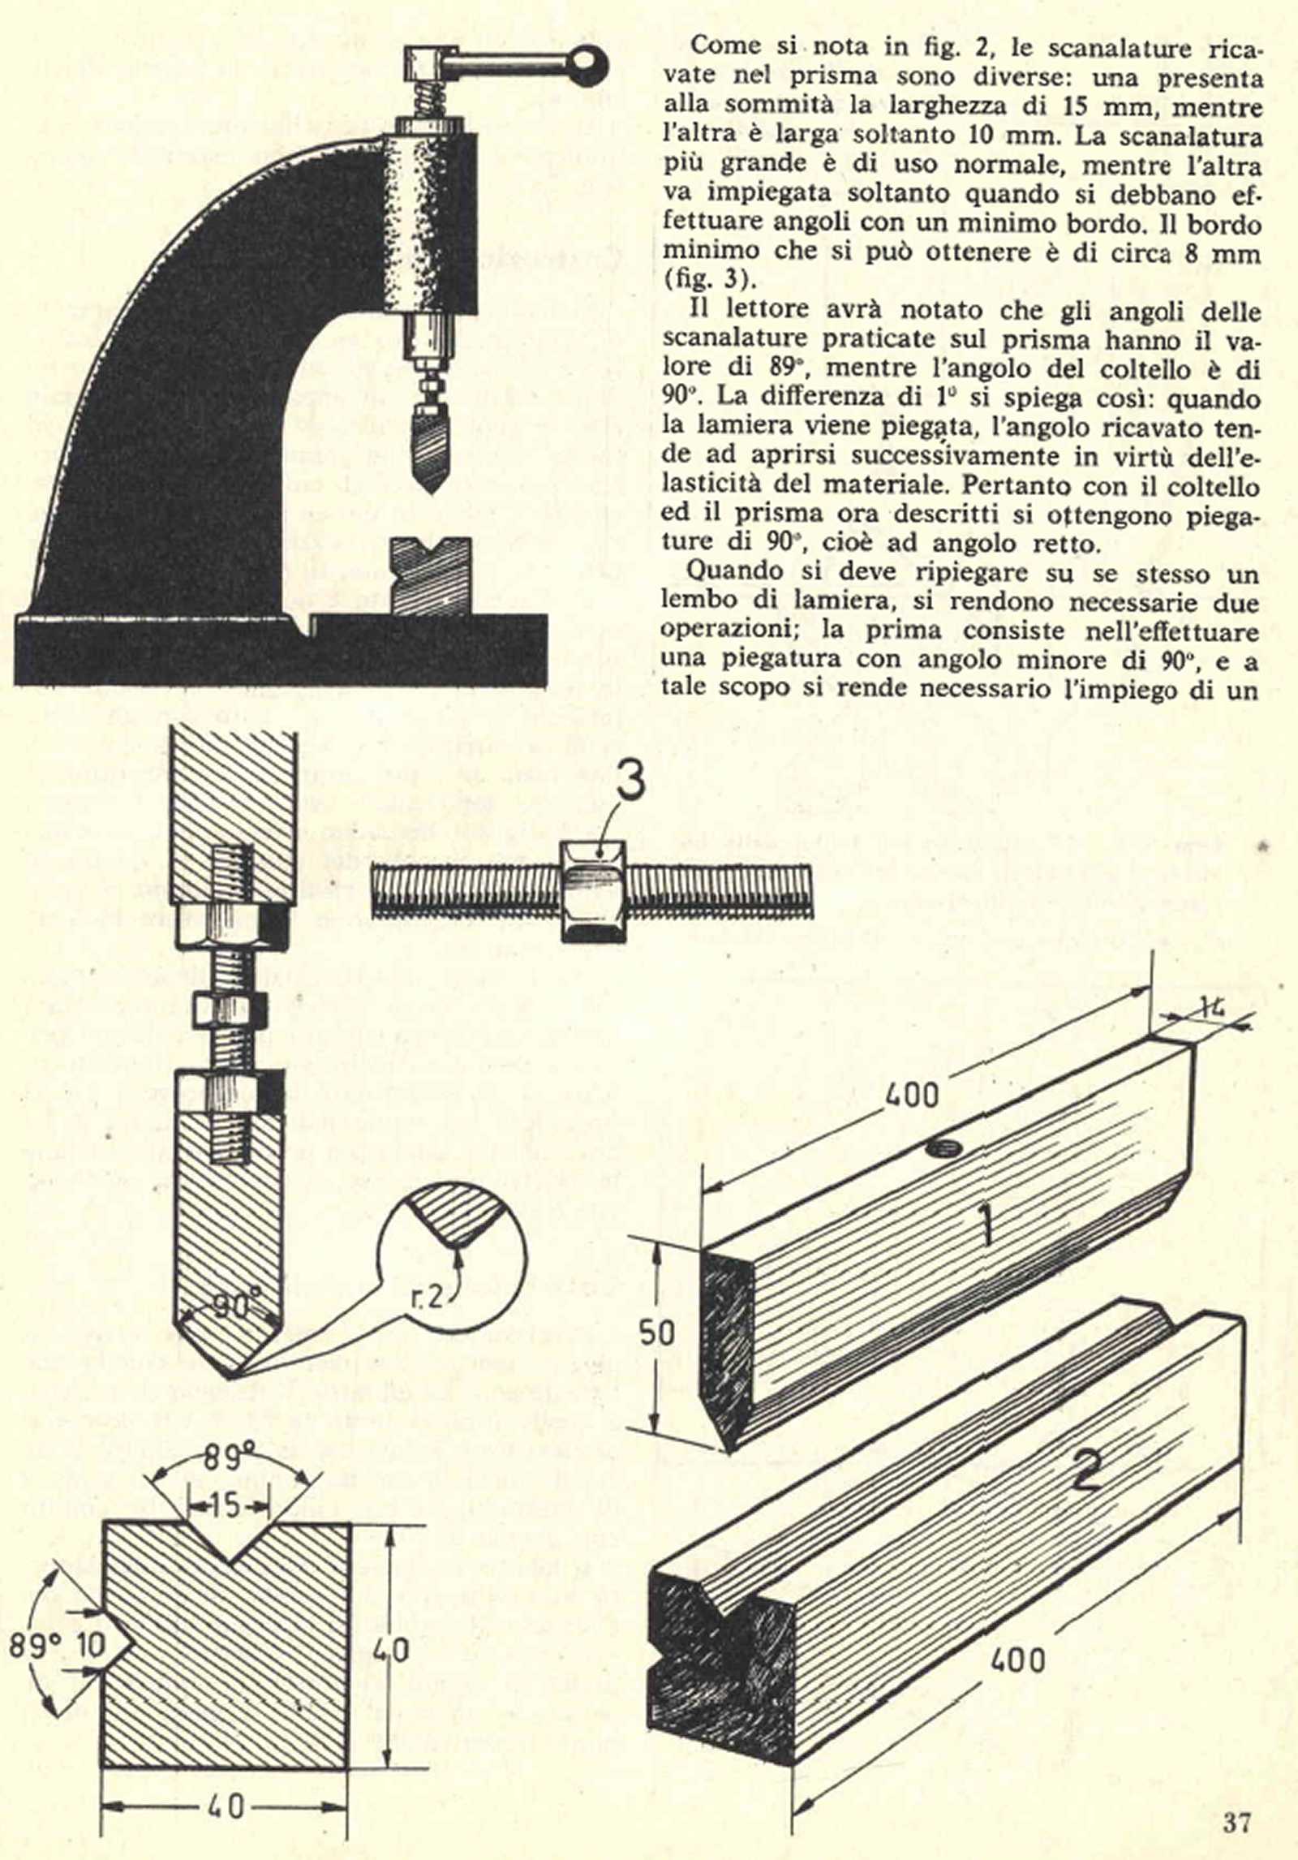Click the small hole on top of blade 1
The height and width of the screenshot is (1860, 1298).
(x=943, y=1147)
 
